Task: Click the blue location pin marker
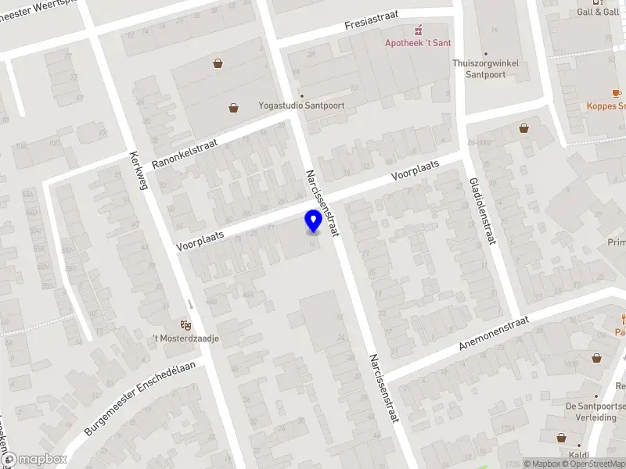[313, 221]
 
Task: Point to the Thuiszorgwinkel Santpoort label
[479, 69]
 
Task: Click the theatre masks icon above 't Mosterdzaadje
[186, 324]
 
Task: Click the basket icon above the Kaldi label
[561, 439]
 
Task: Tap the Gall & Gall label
[598, 12]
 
